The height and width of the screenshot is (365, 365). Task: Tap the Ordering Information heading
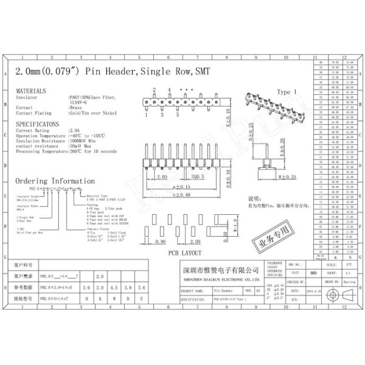(x=54, y=181)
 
